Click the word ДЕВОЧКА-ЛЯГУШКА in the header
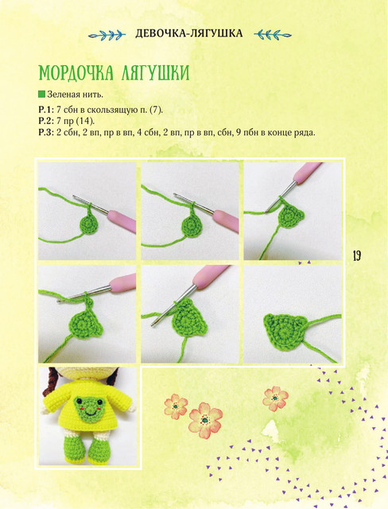(188, 33)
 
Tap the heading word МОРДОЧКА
(76, 73)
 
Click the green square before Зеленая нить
(41, 95)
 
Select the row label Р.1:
(46, 110)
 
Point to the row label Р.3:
(46, 133)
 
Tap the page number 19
(356, 256)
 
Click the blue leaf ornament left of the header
(107, 34)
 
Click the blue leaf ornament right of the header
(273, 34)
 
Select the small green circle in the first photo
(89, 224)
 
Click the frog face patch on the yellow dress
(89, 409)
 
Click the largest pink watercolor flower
(205, 420)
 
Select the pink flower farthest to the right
(275, 398)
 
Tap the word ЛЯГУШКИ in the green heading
(155, 73)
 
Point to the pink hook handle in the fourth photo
(122, 282)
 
